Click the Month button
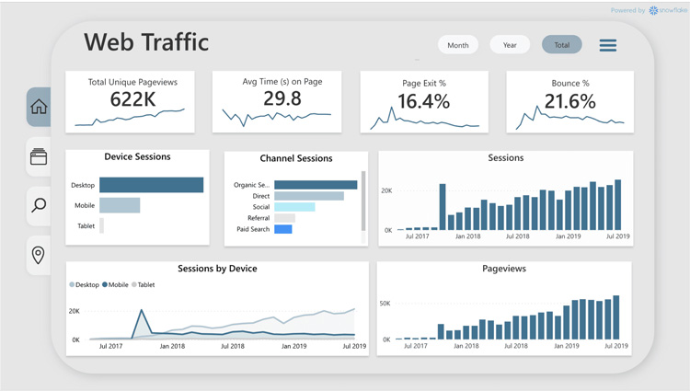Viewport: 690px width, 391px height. pos(457,45)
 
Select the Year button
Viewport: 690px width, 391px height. pos(510,45)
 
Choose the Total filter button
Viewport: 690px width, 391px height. pos(561,45)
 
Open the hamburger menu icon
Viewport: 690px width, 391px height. pos(608,45)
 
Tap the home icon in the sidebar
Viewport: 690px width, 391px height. pos(39,107)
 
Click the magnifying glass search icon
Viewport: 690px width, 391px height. pos(39,205)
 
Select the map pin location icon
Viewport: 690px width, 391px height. pos(39,254)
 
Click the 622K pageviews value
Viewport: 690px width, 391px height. pos(132,99)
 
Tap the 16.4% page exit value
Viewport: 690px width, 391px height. pos(423,101)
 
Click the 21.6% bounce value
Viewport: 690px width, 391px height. pos(570,101)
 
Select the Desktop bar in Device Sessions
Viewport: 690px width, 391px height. pos(151,185)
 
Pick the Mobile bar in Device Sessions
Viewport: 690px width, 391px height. pos(120,205)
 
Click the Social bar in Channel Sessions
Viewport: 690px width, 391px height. pos(294,207)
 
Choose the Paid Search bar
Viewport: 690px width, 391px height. pos(282,229)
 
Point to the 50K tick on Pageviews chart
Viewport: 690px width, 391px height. pos(385,303)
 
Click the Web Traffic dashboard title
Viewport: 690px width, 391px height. pos(146,42)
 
